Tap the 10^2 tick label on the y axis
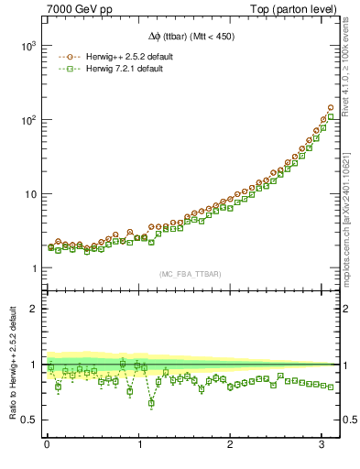pos(27,120)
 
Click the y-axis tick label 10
pos(28,194)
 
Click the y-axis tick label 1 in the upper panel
pos(34,268)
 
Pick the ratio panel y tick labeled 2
pos(34,309)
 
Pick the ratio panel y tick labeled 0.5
pos(29,420)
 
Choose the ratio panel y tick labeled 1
pos(34,365)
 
